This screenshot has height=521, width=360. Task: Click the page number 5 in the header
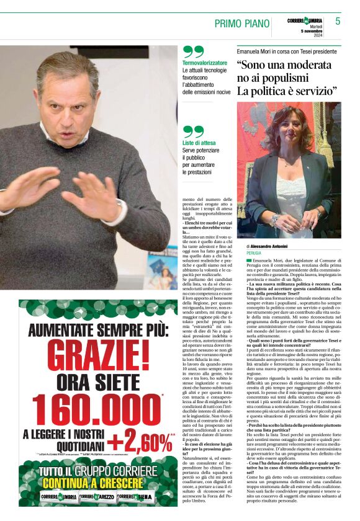click(338, 22)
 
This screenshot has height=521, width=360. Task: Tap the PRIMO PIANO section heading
click(242, 23)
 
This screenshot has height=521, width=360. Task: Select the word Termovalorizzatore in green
click(205, 63)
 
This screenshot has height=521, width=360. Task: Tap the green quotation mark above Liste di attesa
click(193, 131)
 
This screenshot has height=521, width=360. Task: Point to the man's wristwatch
click(118, 205)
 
